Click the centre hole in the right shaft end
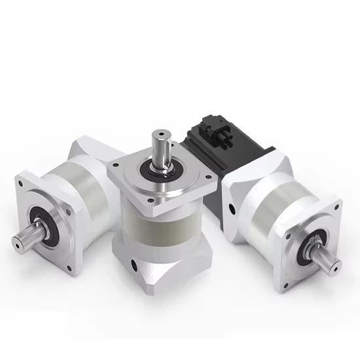click(x=337, y=266)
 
